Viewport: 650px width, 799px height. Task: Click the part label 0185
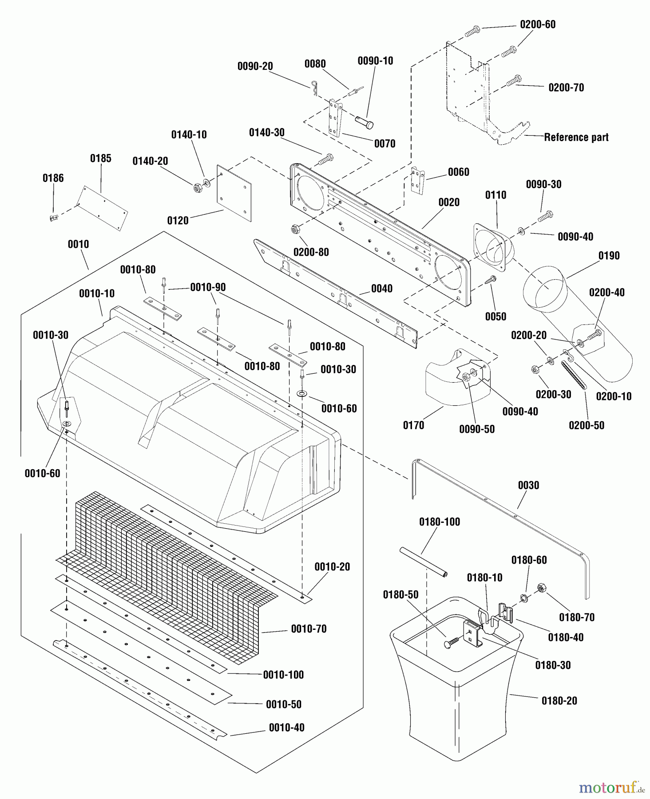pyautogui.click(x=101, y=158)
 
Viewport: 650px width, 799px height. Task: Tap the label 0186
pyautogui.click(x=53, y=178)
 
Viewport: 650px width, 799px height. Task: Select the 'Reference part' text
pyautogui.click(x=576, y=138)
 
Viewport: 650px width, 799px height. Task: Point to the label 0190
pyautogui.click(x=609, y=256)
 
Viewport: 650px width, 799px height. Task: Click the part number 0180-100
pyautogui.click(x=440, y=522)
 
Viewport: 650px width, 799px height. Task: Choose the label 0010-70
pyautogui.click(x=309, y=629)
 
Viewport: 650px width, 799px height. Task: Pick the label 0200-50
pyautogui.click(x=587, y=425)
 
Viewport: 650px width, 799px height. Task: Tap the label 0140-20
pyautogui.click(x=150, y=161)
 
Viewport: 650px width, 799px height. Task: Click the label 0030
pyautogui.click(x=528, y=485)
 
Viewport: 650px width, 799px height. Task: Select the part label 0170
pyautogui.click(x=413, y=425)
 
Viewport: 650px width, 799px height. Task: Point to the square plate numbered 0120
pyautogui.click(x=234, y=193)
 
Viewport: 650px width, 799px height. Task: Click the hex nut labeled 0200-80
pyautogui.click(x=294, y=229)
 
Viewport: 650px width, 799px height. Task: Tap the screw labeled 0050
pyautogui.click(x=491, y=280)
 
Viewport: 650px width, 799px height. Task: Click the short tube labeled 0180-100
pyautogui.click(x=423, y=563)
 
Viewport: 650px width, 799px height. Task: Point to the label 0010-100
pyautogui.click(x=283, y=675)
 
